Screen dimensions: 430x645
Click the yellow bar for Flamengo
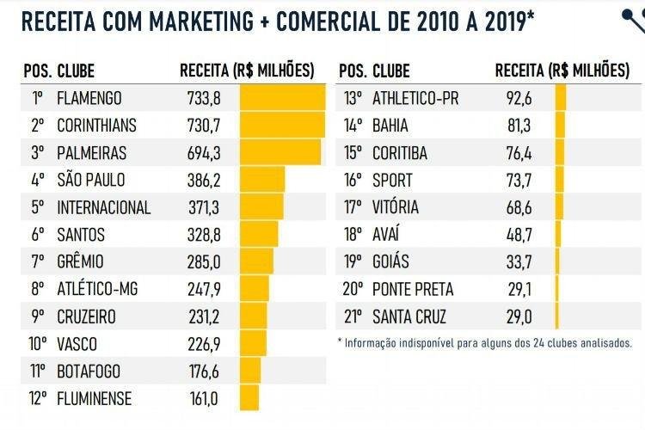(x=281, y=98)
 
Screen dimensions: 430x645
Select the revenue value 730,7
(x=204, y=126)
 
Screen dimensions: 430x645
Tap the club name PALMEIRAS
(x=91, y=153)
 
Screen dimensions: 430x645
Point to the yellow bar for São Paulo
(x=262, y=181)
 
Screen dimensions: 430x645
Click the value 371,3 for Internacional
(x=204, y=207)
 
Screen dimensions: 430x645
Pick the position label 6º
(x=37, y=235)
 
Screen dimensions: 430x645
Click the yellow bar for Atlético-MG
(x=254, y=290)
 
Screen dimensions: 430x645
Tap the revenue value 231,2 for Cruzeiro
(x=204, y=317)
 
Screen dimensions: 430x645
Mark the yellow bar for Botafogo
(x=250, y=372)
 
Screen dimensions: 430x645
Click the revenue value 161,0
(x=204, y=399)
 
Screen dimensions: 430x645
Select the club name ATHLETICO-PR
(x=415, y=98)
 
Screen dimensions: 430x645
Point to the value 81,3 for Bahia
(x=519, y=126)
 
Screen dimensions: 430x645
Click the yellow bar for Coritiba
(x=561, y=153)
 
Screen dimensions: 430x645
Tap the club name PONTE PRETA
(x=413, y=290)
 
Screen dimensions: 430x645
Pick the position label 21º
(x=353, y=317)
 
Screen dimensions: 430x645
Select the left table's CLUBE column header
(x=76, y=71)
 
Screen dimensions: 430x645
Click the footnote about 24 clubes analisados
(x=486, y=342)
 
